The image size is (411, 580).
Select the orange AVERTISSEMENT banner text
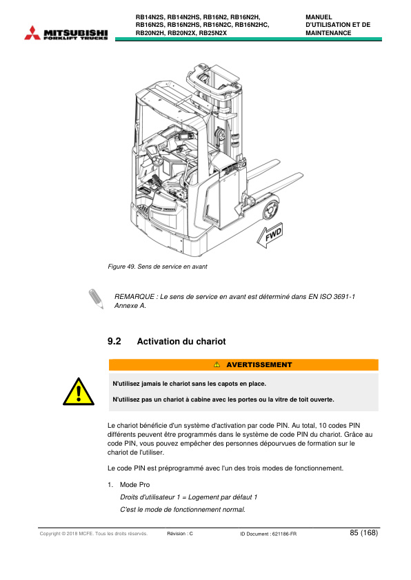[259, 364]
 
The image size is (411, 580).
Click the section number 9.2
[114, 342]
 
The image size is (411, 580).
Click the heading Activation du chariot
[181, 342]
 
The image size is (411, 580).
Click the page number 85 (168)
[363, 533]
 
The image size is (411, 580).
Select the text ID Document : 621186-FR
[268, 534]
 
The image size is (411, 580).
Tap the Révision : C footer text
[180, 534]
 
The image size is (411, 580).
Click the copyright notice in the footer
[94, 534]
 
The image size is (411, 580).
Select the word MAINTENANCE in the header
[328, 33]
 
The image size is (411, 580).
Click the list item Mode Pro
[130, 485]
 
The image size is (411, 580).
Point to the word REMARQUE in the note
[135, 296]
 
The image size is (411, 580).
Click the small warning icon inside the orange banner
[216, 364]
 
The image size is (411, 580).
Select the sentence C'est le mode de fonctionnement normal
[182, 509]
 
